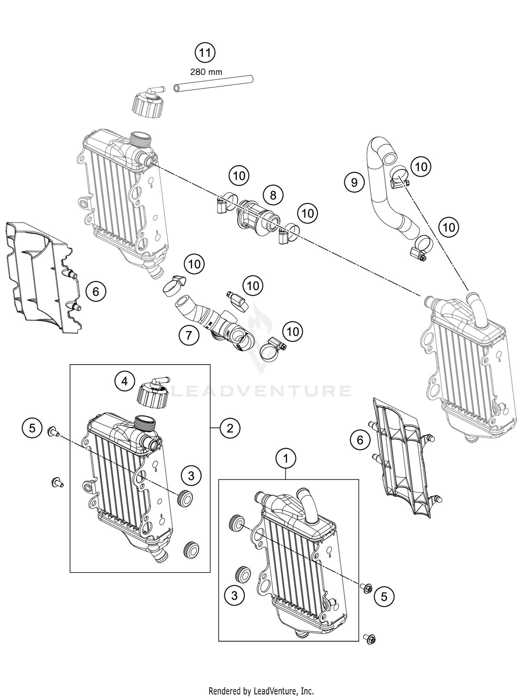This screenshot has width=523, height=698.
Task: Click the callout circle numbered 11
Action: (x=205, y=53)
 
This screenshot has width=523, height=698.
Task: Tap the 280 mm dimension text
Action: (x=206, y=72)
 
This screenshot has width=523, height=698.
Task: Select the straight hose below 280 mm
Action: (x=213, y=84)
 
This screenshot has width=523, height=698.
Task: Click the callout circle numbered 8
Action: (x=273, y=195)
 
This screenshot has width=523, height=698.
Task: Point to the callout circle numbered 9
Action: (x=354, y=182)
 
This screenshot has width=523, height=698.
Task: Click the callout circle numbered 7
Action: (x=189, y=335)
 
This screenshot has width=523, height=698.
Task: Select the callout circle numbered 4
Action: (x=124, y=382)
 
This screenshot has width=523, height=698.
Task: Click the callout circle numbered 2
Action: (x=230, y=428)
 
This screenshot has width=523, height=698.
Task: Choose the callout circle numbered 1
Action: (x=286, y=459)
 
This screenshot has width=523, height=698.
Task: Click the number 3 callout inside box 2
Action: (x=191, y=476)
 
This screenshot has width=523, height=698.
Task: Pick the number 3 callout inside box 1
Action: (x=234, y=595)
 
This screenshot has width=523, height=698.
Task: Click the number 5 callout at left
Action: (x=32, y=428)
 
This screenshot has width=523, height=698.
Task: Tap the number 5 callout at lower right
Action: (x=384, y=597)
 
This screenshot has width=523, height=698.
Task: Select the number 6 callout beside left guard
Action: (x=96, y=291)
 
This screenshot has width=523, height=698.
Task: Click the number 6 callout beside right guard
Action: (x=360, y=440)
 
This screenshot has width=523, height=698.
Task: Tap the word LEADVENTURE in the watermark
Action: (x=261, y=391)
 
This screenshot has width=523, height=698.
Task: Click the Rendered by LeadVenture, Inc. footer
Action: (x=261, y=690)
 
